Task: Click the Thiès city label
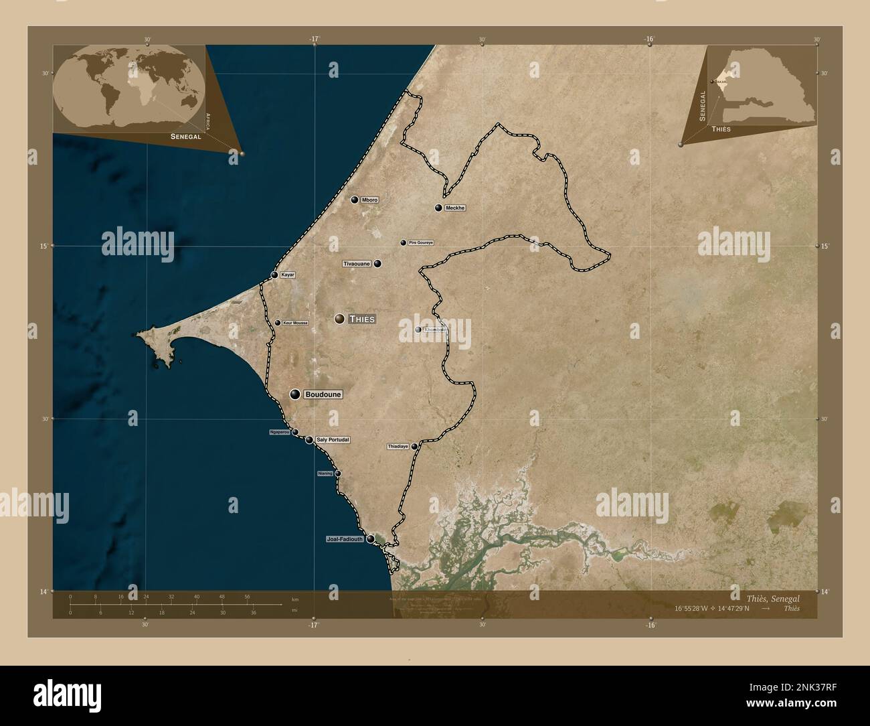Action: click(361, 319)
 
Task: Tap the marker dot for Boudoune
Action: click(294, 394)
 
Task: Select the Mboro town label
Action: click(369, 200)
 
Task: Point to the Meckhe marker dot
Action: click(438, 208)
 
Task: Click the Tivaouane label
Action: click(357, 264)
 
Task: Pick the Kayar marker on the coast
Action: click(274, 275)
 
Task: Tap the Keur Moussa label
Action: click(295, 323)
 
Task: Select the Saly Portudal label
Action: click(333, 440)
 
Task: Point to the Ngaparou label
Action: click(278, 432)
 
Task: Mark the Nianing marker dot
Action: click(338, 474)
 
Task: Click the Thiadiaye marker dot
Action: click(414, 446)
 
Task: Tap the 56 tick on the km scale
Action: click(247, 596)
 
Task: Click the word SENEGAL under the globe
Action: click(186, 136)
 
